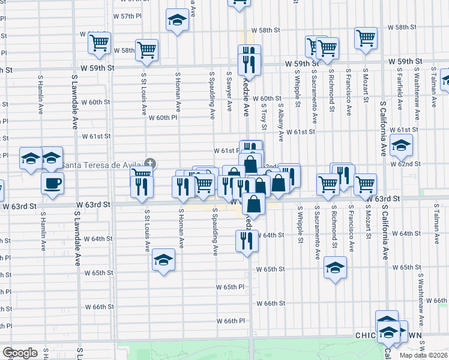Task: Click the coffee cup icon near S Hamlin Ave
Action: [52, 182]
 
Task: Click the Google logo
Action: [20, 353]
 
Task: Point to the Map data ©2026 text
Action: [423, 355]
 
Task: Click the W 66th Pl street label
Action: [231, 320]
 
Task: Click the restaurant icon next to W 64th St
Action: [247, 241]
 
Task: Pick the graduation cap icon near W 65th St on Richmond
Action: [335, 268]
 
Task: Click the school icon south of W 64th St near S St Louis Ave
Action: [163, 260]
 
